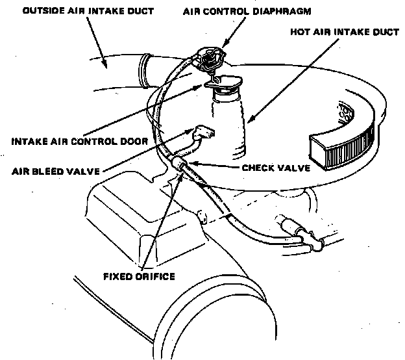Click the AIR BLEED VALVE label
(55, 172)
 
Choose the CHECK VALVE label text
(275, 167)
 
